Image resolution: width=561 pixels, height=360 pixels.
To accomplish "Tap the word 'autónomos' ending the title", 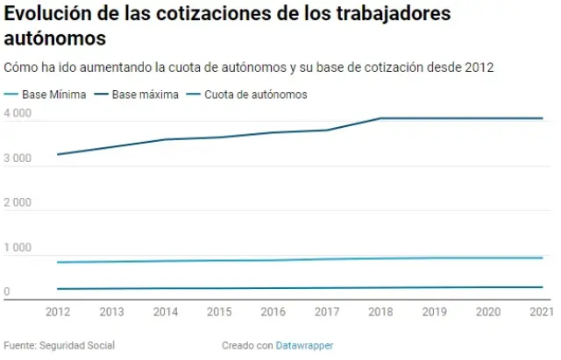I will point(55,39).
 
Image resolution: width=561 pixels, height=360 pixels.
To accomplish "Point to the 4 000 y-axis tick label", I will point(18,114).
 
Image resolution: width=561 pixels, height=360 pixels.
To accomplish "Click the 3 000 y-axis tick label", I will point(18,159).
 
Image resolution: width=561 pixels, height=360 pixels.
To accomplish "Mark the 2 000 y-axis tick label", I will point(18,203).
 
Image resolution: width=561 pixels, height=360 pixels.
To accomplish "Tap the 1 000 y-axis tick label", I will point(18,248).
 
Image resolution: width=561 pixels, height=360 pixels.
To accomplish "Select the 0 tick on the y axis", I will point(7,293).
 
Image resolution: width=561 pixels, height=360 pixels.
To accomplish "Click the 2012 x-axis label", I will point(57,312).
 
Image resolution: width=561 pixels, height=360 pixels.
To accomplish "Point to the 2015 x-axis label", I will point(218,312).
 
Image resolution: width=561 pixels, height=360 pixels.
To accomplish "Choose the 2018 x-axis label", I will point(380,312).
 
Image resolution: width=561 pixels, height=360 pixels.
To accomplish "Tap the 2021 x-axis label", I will point(542,312).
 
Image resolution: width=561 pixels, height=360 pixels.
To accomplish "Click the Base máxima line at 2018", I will point(380,118).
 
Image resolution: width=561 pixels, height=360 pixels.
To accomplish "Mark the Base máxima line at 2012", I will point(57,154).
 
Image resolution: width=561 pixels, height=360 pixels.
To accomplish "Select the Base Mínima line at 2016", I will point(273,259).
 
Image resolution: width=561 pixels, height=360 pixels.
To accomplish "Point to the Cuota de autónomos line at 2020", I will point(488,287).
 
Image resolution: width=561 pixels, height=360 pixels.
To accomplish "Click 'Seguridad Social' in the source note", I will point(77,345).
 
